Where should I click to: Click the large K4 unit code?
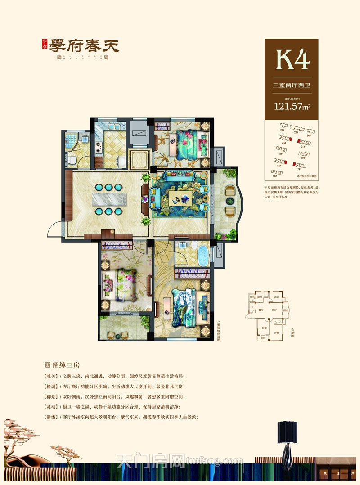[292, 59]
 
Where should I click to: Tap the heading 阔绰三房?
[67, 365]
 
